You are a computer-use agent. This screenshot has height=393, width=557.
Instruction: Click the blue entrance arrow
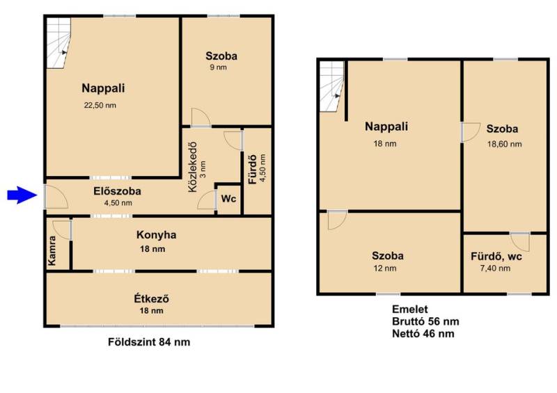click(x=22, y=195)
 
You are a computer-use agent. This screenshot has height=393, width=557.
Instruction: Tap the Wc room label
click(x=228, y=198)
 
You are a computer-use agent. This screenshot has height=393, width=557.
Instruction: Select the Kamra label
click(x=52, y=250)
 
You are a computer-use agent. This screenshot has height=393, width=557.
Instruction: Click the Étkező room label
click(x=151, y=299)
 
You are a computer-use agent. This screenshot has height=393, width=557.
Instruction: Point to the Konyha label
click(x=156, y=235)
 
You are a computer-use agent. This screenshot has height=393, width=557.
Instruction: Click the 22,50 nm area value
click(x=100, y=106)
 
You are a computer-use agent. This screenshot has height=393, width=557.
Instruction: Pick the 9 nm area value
click(x=218, y=67)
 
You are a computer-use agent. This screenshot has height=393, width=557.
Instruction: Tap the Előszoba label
click(x=117, y=191)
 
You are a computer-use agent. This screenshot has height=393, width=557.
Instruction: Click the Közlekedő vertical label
click(x=192, y=167)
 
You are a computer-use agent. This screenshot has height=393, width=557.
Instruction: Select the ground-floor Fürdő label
click(x=253, y=169)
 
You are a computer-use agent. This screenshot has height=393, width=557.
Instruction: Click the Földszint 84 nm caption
click(x=149, y=342)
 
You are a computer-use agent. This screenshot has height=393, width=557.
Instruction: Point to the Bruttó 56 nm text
click(x=425, y=321)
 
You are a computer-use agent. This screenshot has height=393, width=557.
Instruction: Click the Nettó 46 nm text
click(x=423, y=334)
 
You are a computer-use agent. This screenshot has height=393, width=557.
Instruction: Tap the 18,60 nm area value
click(x=504, y=144)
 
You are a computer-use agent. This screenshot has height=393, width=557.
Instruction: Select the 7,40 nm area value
click(x=495, y=268)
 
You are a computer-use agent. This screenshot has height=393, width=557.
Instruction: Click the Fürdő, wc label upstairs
click(x=496, y=257)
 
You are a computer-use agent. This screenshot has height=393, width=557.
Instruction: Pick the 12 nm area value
click(x=385, y=268)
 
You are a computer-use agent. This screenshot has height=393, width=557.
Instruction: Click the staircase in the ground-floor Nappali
click(x=58, y=42)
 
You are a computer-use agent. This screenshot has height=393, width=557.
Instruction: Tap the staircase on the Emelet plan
click(x=332, y=86)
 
